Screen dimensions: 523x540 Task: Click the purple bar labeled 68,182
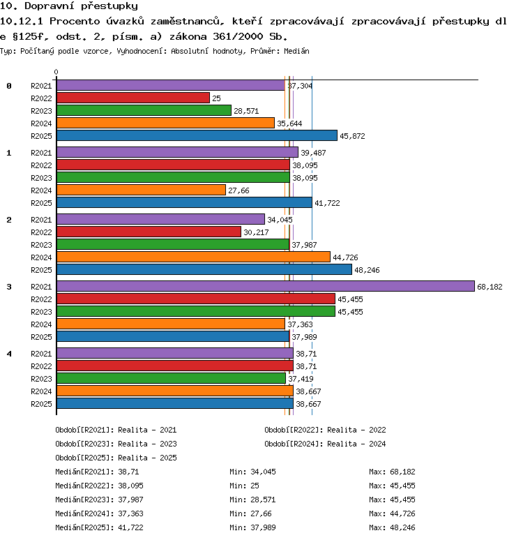pos(266,286)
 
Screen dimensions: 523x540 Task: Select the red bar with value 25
pos(133,98)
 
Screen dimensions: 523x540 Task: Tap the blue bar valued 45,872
pos(197,135)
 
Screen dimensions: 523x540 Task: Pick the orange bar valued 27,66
pos(141,190)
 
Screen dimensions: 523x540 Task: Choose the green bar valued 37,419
pos(171,378)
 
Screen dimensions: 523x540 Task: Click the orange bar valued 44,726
pos(193,257)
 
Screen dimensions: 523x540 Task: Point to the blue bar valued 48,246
pos(204,269)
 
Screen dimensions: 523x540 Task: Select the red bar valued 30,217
pos(149,232)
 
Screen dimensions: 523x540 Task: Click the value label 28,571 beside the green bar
pos(246,111)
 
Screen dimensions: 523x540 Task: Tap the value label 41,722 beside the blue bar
pos(327,203)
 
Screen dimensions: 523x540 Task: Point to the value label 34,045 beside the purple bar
pos(280,220)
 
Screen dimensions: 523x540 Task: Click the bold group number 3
pos(9,287)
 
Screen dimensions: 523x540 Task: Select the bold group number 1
pos(9,153)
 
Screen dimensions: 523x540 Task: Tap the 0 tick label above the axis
pos(56,72)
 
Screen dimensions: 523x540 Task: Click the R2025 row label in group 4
pos(41,404)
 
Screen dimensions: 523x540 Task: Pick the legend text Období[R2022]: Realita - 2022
pos(325,430)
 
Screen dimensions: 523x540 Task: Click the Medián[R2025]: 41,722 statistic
pos(99,527)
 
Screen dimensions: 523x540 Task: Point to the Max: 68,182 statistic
pos(392,472)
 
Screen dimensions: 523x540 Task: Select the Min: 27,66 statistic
pos(250,513)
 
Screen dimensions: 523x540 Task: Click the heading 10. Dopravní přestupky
pos(69,6)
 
